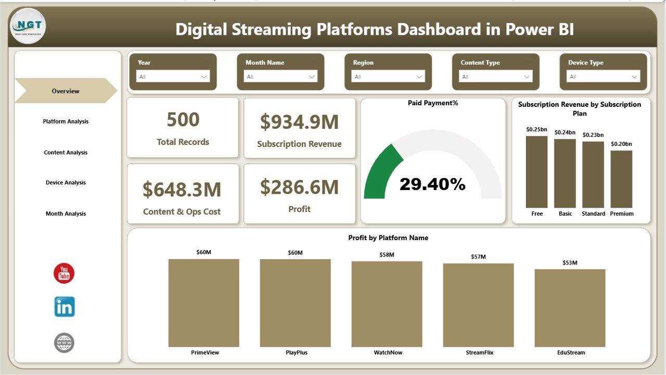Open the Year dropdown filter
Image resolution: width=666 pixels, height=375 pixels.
click(173, 77)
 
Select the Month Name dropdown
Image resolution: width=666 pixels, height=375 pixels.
click(280, 77)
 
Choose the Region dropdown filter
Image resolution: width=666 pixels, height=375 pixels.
click(388, 77)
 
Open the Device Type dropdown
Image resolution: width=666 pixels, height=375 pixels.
click(603, 77)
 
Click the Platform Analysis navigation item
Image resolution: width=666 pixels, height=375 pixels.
click(66, 121)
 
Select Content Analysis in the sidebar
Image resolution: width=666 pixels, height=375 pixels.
click(66, 153)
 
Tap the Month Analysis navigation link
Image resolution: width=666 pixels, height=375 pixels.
click(66, 214)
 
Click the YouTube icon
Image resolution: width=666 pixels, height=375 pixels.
click(64, 273)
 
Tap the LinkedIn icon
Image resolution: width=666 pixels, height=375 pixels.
click(65, 307)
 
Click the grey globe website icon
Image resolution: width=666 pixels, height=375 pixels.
click(65, 343)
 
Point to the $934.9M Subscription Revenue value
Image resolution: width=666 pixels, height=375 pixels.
click(299, 122)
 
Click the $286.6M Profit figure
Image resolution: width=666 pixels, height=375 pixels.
click(299, 187)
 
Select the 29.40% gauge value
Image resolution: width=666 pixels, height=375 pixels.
click(432, 184)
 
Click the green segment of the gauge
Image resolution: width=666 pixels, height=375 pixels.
click(381, 172)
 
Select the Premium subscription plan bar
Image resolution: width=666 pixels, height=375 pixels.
click(621, 179)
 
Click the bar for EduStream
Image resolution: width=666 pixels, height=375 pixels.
click(570, 308)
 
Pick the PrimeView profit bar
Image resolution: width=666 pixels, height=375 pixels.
click(203, 303)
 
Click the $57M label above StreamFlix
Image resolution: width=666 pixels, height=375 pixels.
click(478, 256)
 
